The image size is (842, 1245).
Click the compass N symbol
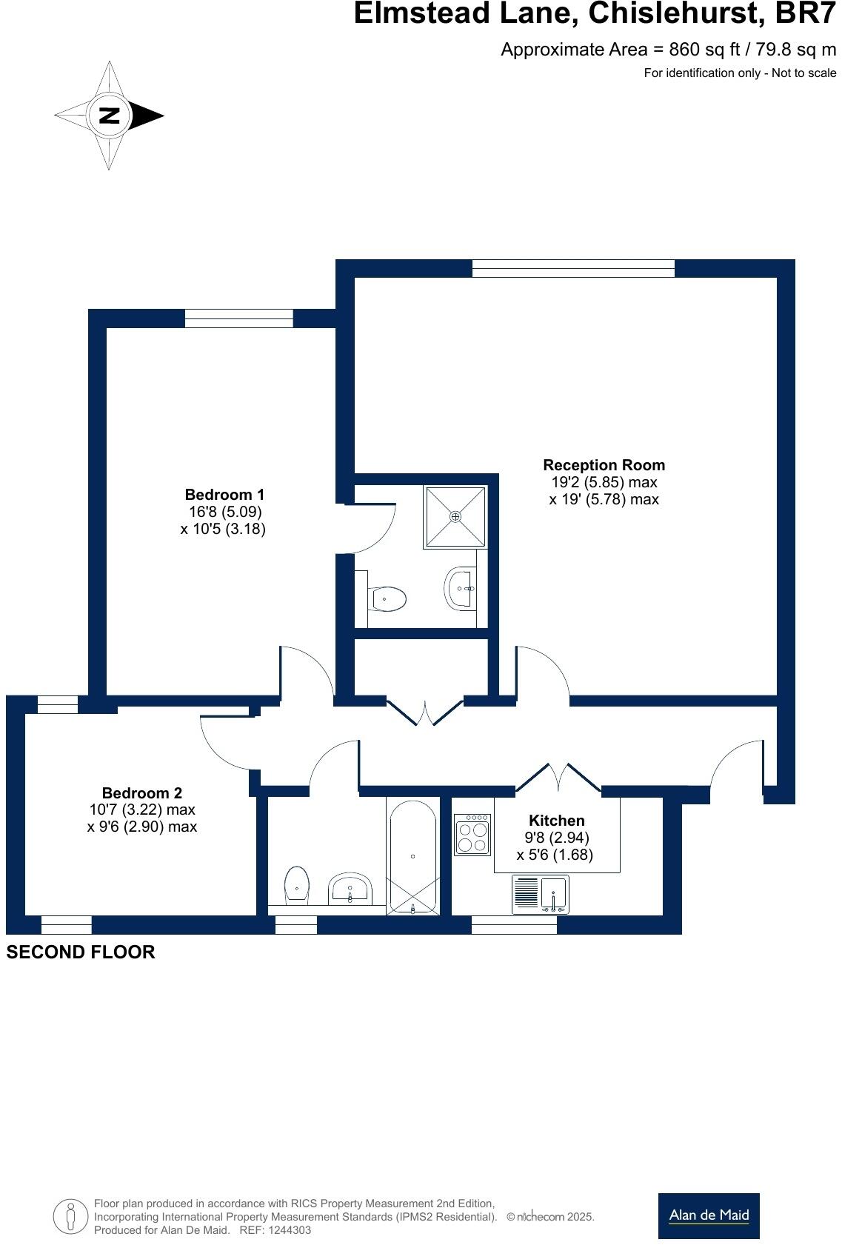coord(110,116)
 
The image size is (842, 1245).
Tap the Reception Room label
coord(604,465)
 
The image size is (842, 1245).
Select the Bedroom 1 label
coord(224,494)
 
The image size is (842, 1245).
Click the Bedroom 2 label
coord(141,792)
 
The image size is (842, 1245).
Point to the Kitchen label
coord(556,820)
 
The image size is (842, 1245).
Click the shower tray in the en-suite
coord(455,516)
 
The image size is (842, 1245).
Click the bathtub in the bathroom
coord(412,855)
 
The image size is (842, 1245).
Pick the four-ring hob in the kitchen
coord(472,835)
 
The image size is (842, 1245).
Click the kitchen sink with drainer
coord(540,894)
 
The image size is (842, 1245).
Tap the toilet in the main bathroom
coord(296,884)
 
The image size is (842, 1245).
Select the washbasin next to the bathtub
coord(350,888)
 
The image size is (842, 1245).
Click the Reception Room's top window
coord(573,268)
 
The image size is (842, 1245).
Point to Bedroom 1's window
coord(238,318)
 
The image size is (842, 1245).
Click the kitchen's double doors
coord(558,778)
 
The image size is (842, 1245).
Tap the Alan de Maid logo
coord(709,1215)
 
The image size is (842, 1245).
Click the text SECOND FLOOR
coord(81,952)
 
